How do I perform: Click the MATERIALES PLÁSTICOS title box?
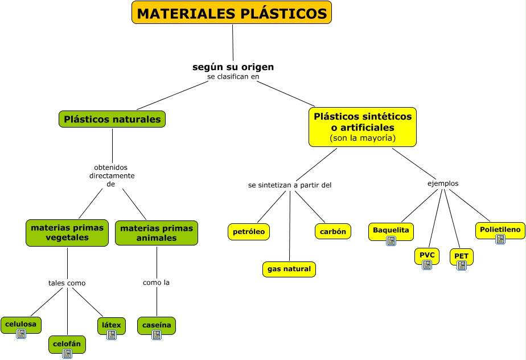click(x=232, y=13)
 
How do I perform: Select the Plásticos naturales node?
click(x=112, y=120)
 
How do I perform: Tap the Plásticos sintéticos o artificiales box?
click(x=363, y=126)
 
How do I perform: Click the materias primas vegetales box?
click(x=67, y=232)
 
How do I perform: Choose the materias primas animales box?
click(x=157, y=232)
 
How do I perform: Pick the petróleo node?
click(x=249, y=231)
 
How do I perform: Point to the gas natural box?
click(x=289, y=269)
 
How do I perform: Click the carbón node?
click(x=333, y=231)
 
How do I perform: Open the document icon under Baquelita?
click(x=391, y=241)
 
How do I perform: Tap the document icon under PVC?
click(x=427, y=265)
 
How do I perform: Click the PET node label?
click(x=461, y=256)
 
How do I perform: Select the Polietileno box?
click(x=500, y=230)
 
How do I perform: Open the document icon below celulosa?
click(x=21, y=334)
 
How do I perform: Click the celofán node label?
click(x=67, y=343)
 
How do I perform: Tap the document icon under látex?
click(x=112, y=335)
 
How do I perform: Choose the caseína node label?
click(x=157, y=325)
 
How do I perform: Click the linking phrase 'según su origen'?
click(x=233, y=67)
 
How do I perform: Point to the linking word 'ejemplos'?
click(x=443, y=183)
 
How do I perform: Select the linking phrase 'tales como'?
click(x=67, y=283)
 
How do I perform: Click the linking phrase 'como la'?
click(x=157, y=283)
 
